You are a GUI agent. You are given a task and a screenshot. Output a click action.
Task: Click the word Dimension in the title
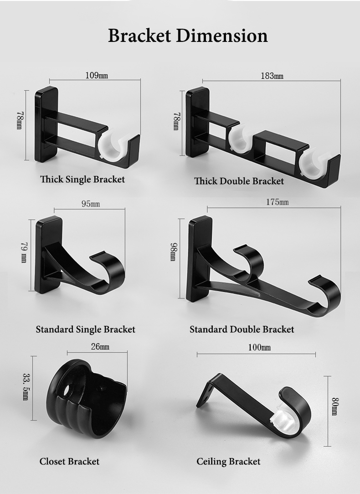222,35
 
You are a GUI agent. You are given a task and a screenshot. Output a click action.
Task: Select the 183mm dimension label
272,76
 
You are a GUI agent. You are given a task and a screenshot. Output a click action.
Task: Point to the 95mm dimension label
91,204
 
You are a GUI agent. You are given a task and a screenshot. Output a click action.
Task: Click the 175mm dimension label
278,202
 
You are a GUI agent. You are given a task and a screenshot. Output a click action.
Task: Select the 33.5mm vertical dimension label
26,387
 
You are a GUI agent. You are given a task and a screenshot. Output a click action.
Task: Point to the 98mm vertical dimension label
174,252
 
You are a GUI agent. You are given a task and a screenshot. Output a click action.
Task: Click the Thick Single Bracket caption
82,180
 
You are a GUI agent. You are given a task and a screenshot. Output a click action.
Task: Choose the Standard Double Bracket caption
242,329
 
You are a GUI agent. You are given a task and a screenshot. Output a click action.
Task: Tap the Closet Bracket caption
69,462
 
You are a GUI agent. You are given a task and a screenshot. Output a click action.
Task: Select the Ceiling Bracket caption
228,462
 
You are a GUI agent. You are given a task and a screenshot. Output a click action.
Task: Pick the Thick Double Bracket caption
239,181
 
